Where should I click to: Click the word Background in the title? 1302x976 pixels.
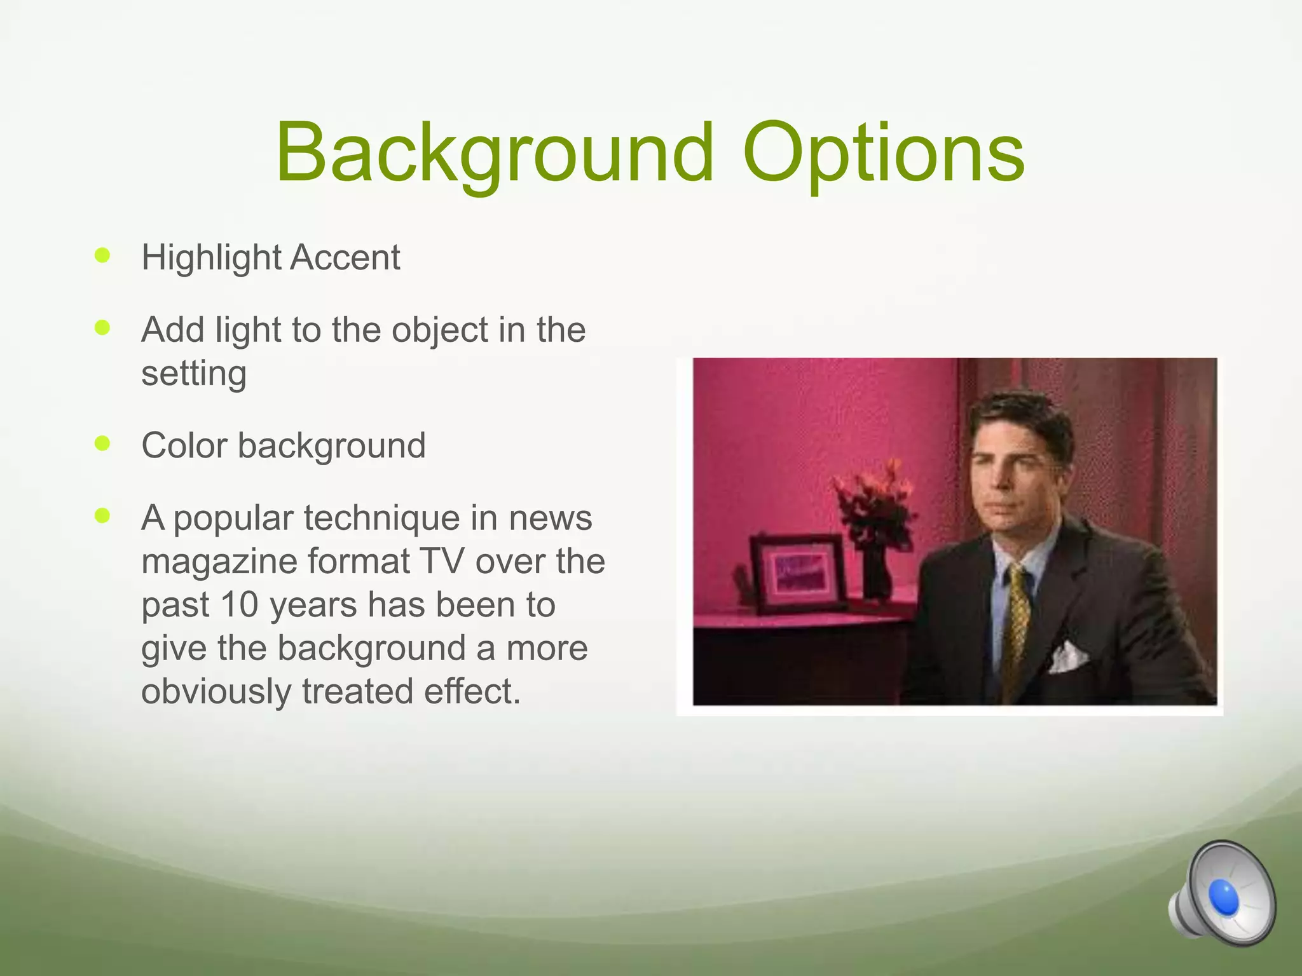tap(495, 154)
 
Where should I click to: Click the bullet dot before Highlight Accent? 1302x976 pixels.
tap(102, 255)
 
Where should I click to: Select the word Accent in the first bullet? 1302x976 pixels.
tap(345, 257)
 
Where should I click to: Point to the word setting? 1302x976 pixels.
tap(193, 373)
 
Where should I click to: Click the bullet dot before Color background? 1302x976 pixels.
tap(102, 443)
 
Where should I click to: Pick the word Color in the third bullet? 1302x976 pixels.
tap(184, 445)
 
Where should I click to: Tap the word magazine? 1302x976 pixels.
tap(219, 562)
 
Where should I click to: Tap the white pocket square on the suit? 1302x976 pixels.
tap(1067, 657)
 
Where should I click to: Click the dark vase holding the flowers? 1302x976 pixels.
tap(877, 572)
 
